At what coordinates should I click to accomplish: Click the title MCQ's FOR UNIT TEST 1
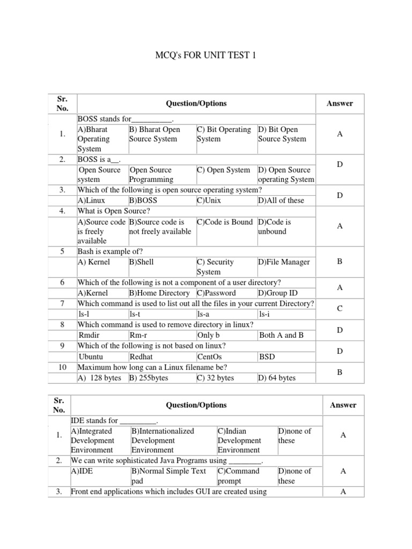pyautogui.click(x=205, y=55)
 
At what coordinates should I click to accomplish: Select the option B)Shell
pyautogui.click(x=141, y=262)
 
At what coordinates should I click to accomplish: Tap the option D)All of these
pyautogui.click(x=281, y=201)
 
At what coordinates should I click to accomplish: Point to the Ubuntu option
pyautogui.click(x=91, y=357)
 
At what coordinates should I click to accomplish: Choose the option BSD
pyautogui.click(x=267, y=357)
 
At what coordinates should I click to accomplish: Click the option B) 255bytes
pyautogui.click(x=149, y=378)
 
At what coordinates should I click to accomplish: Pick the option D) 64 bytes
pyautogui.click(x=277, y=378)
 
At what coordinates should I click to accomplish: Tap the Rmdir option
pyautogui.click(x=90, y=335)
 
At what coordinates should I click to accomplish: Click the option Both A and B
pyautogui.click(x=281, y=335)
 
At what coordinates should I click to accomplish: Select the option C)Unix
pyautogui.click(x=209, y=201)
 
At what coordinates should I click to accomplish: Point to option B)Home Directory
pyautogui.click(x=159, y=293)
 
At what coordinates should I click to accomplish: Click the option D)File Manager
pyautogui.click(x=284, y=262)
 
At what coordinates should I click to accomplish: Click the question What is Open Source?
pyautogui.click(x=113, y=211)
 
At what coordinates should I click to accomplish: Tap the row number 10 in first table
pyautogui.click(x=62, y=368)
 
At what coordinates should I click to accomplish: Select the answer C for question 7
pyautogui.click(x=340, y=309)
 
